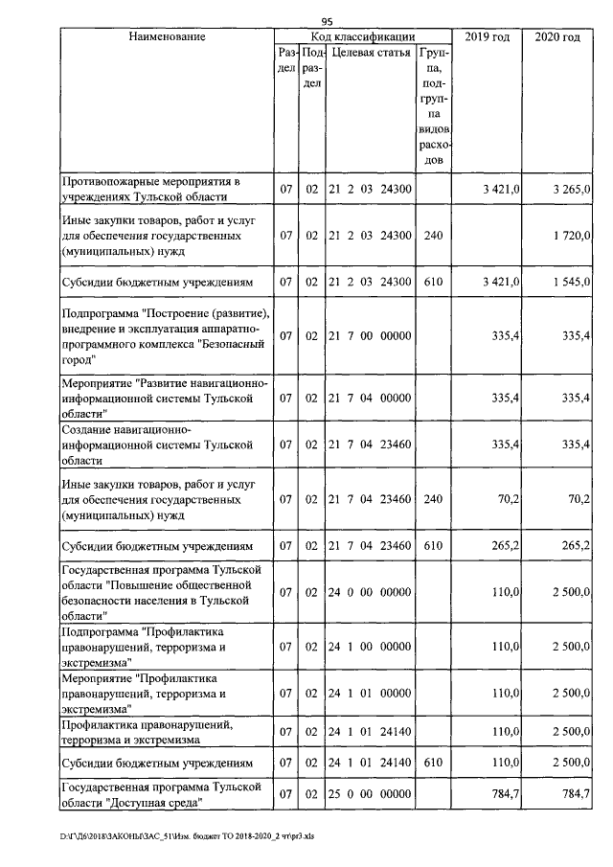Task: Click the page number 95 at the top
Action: (326, 21)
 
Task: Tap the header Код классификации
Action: (362, 36)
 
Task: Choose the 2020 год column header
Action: (557, 36)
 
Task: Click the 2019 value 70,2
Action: (504, 500)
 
